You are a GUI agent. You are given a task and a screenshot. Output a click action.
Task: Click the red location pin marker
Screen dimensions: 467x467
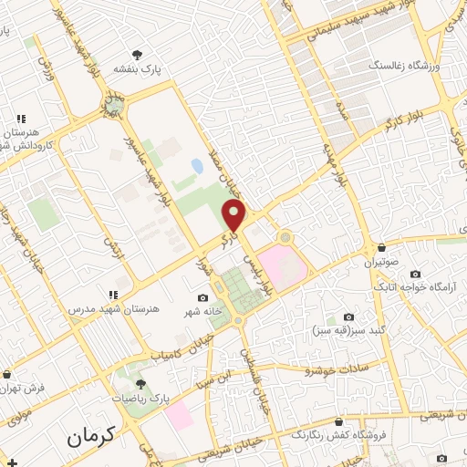click(235, 215)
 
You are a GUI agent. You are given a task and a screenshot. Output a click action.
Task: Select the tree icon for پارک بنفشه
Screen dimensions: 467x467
click(137, 54)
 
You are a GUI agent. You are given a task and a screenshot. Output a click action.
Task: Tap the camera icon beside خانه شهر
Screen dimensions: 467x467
click(202, 298)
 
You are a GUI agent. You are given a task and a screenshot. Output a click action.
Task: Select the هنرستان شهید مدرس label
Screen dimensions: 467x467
click(114, 308)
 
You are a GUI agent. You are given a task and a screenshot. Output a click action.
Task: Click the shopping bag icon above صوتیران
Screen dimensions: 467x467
click(381, 248)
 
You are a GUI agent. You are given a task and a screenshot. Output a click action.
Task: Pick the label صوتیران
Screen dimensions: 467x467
click(382, 263)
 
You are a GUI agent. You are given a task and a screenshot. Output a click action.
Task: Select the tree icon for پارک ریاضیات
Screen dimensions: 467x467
click(140, 384)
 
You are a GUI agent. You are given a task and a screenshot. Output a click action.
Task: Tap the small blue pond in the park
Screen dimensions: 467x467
click(197, 167)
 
